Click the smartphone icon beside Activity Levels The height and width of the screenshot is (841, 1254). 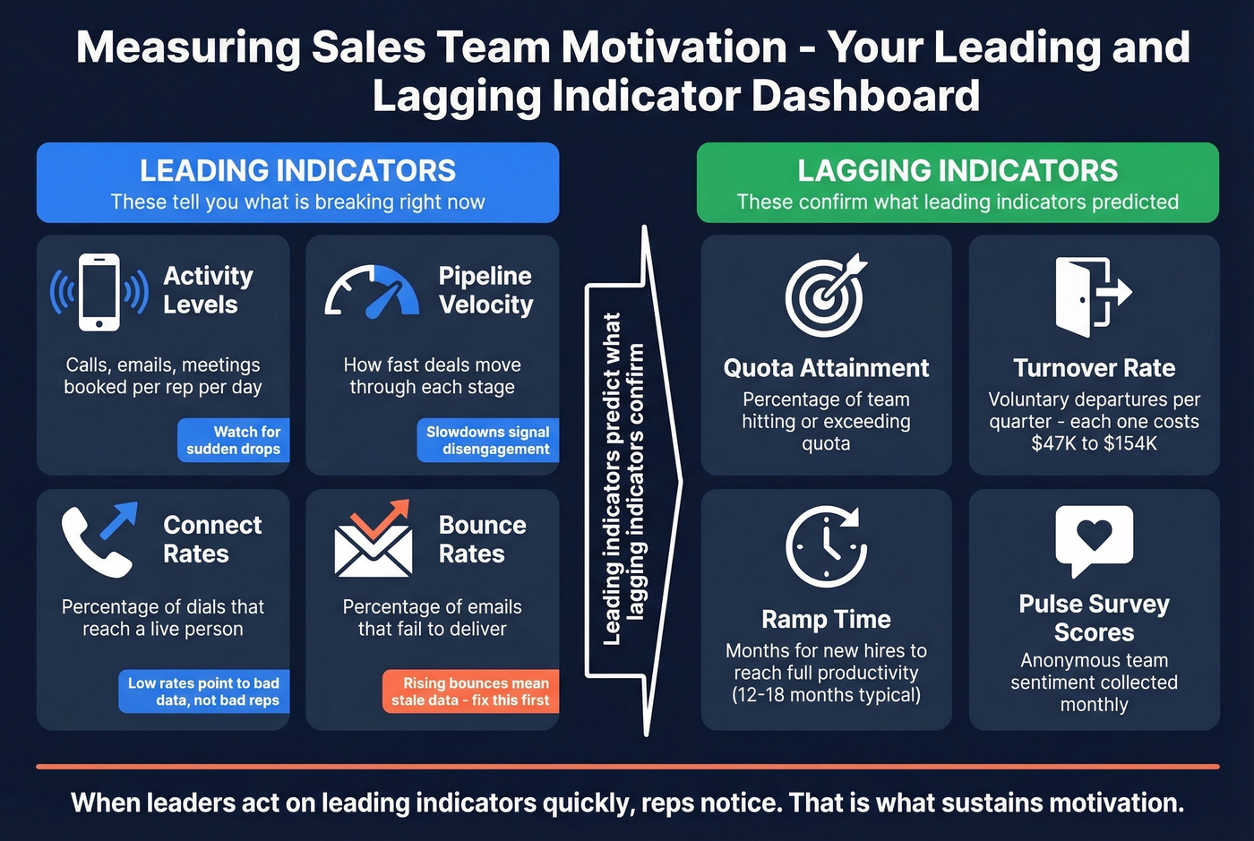point(99,292)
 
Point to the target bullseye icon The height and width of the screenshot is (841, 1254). point(826,295)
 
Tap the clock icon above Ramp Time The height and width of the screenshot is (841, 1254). point(826,546)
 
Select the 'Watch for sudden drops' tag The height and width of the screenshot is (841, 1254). point(234,440)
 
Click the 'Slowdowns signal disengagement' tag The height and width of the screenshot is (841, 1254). point(488,440)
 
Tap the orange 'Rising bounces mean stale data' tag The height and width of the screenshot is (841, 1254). point(470,691)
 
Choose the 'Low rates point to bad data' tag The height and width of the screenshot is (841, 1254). point(204,691)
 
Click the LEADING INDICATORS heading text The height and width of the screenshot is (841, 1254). point(297,170)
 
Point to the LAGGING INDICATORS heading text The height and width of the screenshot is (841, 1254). point(958,170)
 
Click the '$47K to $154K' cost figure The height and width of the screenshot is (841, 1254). point(1094,443)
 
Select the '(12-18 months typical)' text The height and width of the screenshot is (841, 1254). point(826,695)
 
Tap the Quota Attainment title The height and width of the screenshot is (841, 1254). point(826,368)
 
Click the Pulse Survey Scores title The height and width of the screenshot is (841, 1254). point(1094,618)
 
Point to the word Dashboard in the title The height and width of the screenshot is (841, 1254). point(865,96)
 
